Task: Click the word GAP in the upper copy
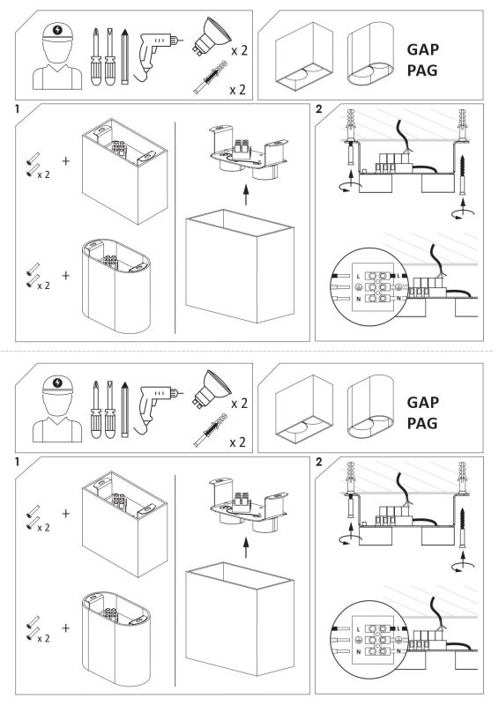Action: pyautogui.click(x=422, y=49)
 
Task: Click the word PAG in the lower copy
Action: pyautogui.click(x=422, y=423)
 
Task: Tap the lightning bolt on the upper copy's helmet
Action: pyautogui.click(x=57, y=30)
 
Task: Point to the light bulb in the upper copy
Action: pyautogui.click(x=212, y=36)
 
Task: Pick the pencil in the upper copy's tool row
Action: pyautogui.click(x=124, y=56)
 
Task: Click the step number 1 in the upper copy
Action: pyautogui.click(x=18, y=108)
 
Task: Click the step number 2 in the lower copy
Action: pyautogui.click(x=319, y=462)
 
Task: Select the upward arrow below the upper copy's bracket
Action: pyautogui.click(x=246, y=195)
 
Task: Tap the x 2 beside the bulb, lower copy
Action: pyautogui.click(x=239, y=404)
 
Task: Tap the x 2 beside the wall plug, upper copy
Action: pyautogui.click(x=237, y=90)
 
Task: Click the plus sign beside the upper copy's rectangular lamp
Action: pyautogui.click(x=66, y=161)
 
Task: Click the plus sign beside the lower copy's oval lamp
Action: pyautogui.click(x=66, y=627)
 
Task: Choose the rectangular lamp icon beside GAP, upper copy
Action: pyautogui.click(x=303, y=56)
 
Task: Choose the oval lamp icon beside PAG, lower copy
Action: pyautogui.click(x=370, y=407)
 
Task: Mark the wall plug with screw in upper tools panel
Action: pyautogui.click(x=210, y=78)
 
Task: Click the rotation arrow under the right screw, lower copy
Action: pyautogui.click(x=463, y=567)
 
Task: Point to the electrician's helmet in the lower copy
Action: pyautogui.click(x=57, y=385)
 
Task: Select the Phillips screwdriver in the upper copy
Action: pyautogui.click(x=95, y=56)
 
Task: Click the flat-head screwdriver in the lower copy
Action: pyautogui.click(x=109, y=409)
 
